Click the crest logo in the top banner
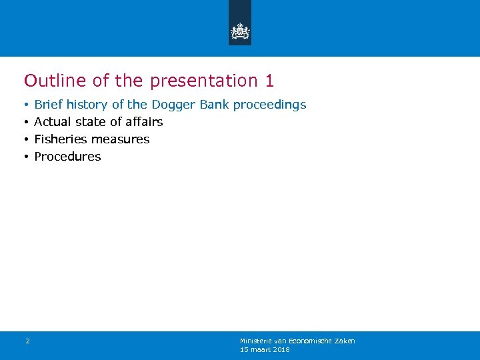tap(240, 31)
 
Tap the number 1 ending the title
tap(269, 81)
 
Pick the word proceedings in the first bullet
tap(269, 105)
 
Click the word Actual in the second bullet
tap(51, 122)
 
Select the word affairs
tap(145, 122)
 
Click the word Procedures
tap(67, 157)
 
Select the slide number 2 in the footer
tap(27, 341)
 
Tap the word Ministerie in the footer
tap(256, 341)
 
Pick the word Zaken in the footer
tap(345, 341)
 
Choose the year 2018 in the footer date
tap(281, 349)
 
